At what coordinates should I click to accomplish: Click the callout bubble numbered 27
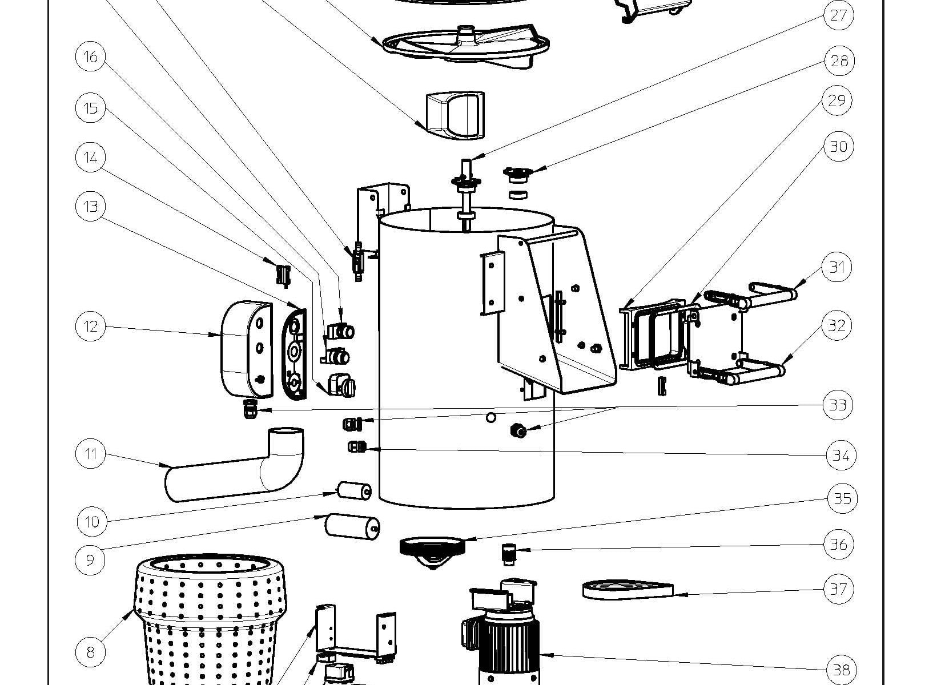click(x=838, y=15)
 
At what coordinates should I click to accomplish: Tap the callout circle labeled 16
click(x=90, y=57)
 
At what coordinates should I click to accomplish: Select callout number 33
click(x=838, y=405)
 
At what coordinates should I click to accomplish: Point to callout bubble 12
click(x=90, y=327)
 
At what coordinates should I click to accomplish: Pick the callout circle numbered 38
click(x=841, y=670)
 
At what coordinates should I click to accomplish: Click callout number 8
click(x=90, y=651)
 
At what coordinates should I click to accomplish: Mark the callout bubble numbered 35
click(x=842, y=498)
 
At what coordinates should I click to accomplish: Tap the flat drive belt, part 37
click(x=627, y=590)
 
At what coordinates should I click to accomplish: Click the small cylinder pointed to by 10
click(x=354, y=490)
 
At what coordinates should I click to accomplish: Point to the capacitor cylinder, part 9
click(x=352, y=526)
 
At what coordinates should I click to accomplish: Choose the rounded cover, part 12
click(x=246, y=349)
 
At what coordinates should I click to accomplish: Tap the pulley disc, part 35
click(x=432, y=547)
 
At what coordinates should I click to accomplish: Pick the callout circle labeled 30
click(x=838, y=147)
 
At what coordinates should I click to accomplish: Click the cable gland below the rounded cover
click(x=248, y=408)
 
